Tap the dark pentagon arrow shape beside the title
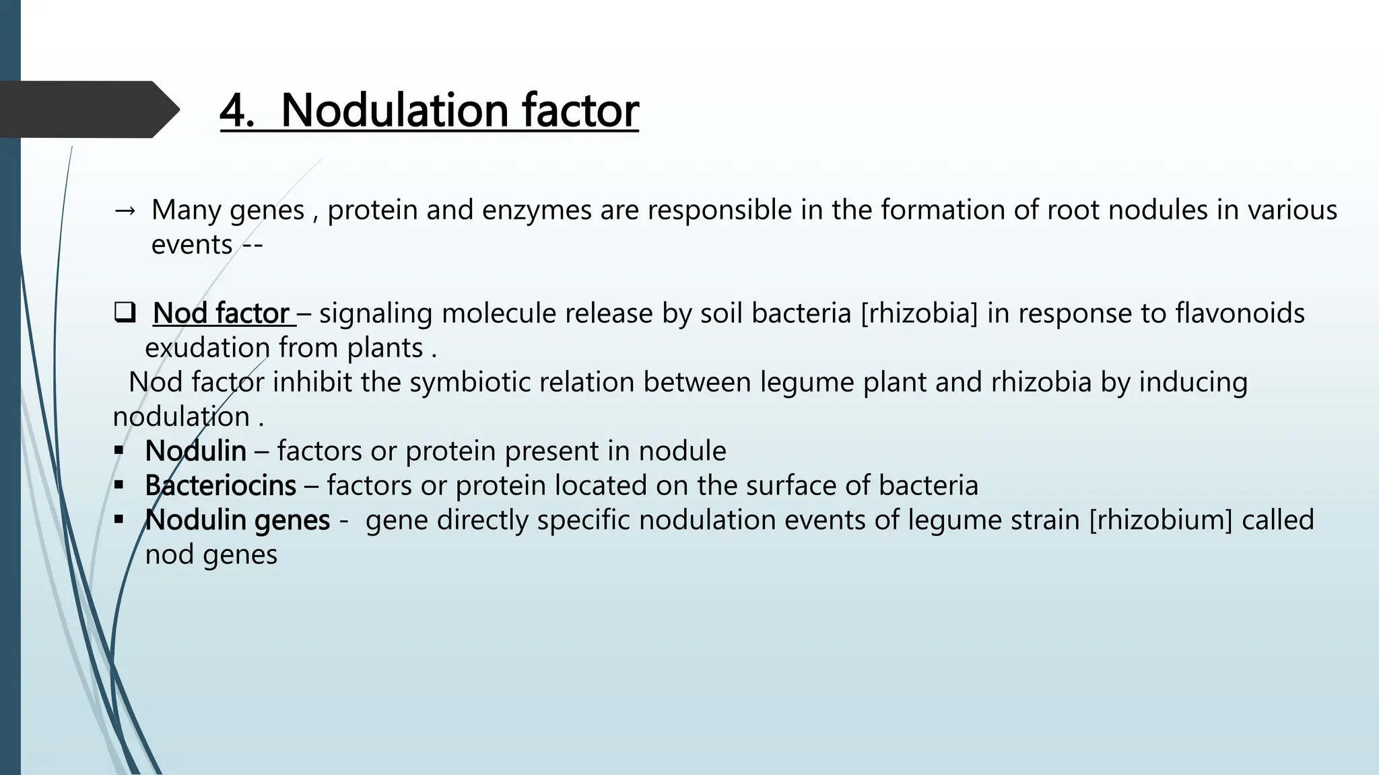[x=88, y=110]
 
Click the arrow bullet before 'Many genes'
[x=125, y=211]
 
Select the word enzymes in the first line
[x=537, y=211]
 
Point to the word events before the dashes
[x=191, y=245]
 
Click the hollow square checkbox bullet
[x=125, y=313]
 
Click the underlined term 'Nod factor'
[x=222, y=313]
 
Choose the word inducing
[x=1193, y=382]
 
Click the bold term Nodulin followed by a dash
[x=195, y=451]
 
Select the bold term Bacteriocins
[x=220, y=486]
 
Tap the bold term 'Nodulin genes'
[x=238, y=520]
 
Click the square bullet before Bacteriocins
[x=119, y=484]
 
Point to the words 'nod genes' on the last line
[x=211, y=555]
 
